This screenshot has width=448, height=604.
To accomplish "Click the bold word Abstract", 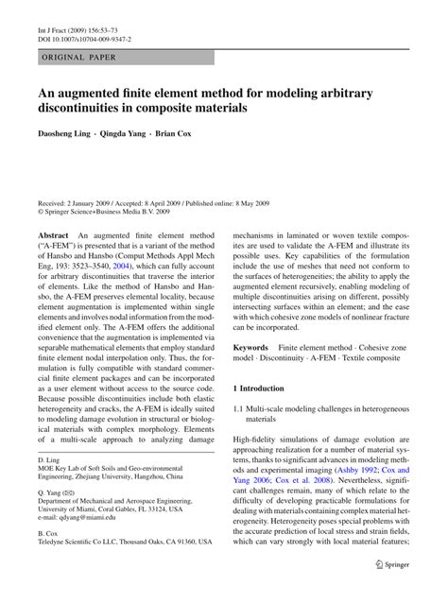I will (54, 233).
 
